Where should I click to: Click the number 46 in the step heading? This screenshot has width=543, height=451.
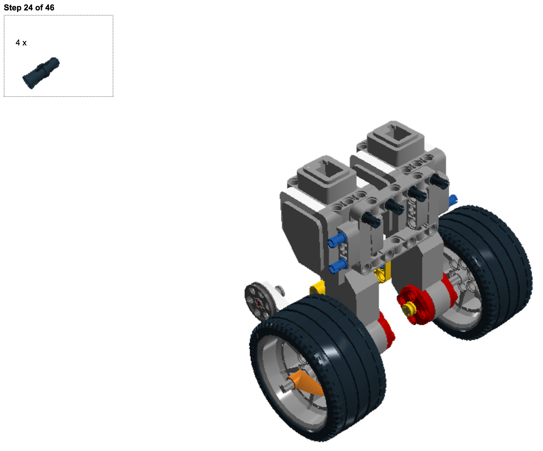(x=49, y=7)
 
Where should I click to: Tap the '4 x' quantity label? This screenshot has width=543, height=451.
(x=21, y=42)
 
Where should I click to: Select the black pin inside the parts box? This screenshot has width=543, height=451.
(x=41, y=73)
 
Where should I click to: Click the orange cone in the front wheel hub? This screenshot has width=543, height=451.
(x=305, y=384)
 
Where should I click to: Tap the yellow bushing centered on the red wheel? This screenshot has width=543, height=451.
(x=408, y=309)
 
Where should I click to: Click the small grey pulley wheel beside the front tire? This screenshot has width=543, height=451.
(x=260, y=302)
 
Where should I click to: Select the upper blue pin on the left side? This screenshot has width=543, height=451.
(x=337, y=240)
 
